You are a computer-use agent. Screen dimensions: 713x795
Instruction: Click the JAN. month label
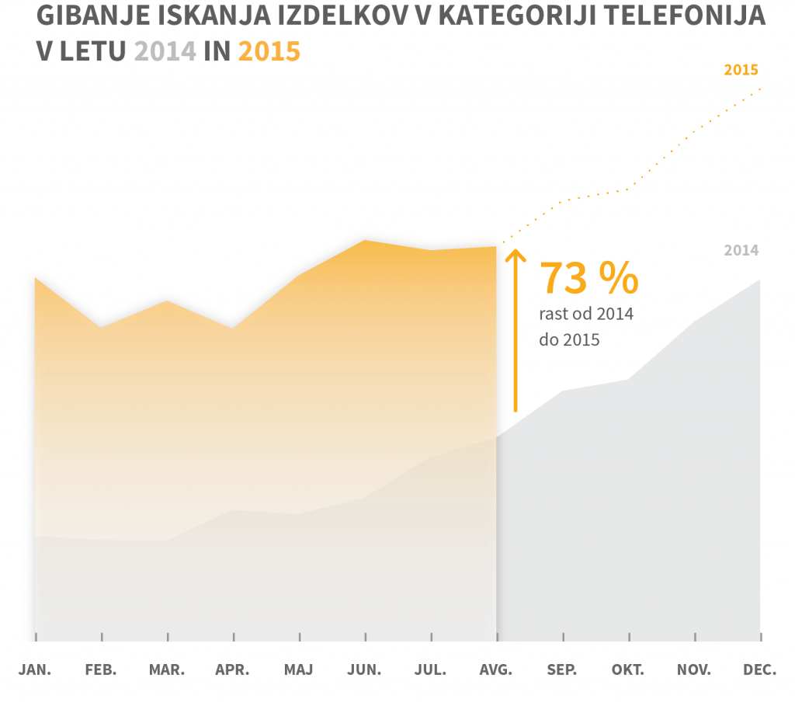[x=35, y=670]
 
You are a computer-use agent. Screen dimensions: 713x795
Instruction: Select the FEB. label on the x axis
[x=101, y=670]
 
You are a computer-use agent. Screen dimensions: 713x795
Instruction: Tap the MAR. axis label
[x=167, y=670]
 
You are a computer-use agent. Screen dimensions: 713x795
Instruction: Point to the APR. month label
[x=233, y=670]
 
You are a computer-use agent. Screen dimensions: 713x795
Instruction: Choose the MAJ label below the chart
[x=299, y=670]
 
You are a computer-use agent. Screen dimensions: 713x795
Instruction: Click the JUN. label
[x=365, y=670]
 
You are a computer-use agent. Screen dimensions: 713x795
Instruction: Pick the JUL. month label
[x=431, y=670]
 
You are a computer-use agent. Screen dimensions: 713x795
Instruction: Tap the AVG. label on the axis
[x=497, y=670]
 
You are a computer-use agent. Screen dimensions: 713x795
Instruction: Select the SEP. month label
[x=562, y=670]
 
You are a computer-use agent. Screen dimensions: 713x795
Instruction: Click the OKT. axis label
[x=628, y=670]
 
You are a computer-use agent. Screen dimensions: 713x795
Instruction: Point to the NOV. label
[x=694, y=670]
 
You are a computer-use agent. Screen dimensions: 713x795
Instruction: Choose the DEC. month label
[x=760, y=670]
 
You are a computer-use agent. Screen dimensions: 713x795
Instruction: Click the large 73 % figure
[x=588, y=278]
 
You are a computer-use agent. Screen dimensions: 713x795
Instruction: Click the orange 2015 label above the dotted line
[x=741, y=70]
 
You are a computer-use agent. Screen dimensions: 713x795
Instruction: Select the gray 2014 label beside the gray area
[x=741, y=251]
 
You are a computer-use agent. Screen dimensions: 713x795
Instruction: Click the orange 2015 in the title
[x=269, y=51]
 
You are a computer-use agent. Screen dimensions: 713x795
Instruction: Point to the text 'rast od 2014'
[x=586, y=315]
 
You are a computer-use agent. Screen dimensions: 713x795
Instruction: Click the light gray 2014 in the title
[x=165, y=51]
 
